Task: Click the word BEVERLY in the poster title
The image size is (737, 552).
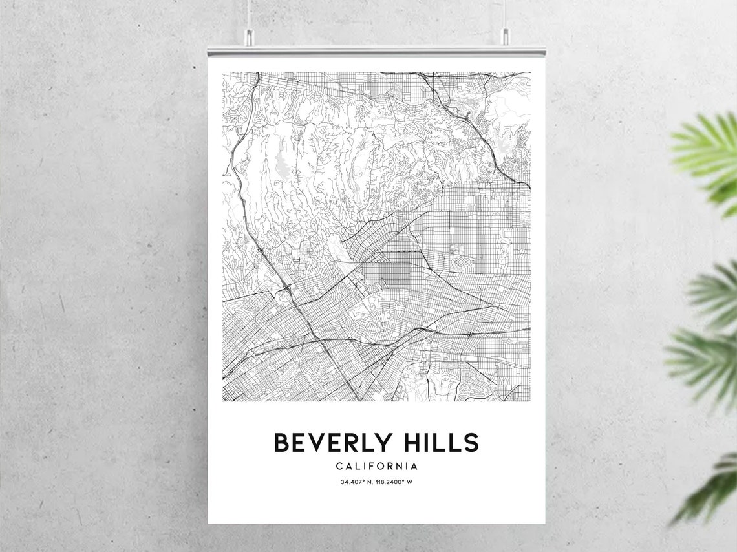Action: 333,443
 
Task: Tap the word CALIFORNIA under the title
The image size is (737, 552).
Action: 376,466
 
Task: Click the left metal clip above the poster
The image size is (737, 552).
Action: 249,37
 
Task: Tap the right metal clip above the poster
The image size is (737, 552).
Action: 504,37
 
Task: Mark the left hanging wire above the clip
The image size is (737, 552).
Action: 249,13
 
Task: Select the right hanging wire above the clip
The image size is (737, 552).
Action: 504,13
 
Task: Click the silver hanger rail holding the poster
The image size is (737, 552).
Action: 376,51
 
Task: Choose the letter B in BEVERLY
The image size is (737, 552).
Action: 281,443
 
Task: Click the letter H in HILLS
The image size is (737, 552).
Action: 409,443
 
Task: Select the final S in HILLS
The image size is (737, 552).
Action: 471,443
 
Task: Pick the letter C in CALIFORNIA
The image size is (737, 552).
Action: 339,466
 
